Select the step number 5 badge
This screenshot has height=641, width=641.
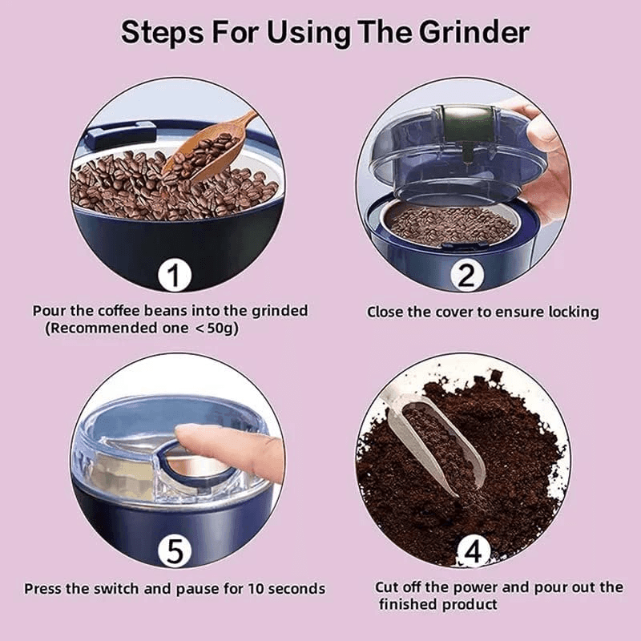coord(176,553)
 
